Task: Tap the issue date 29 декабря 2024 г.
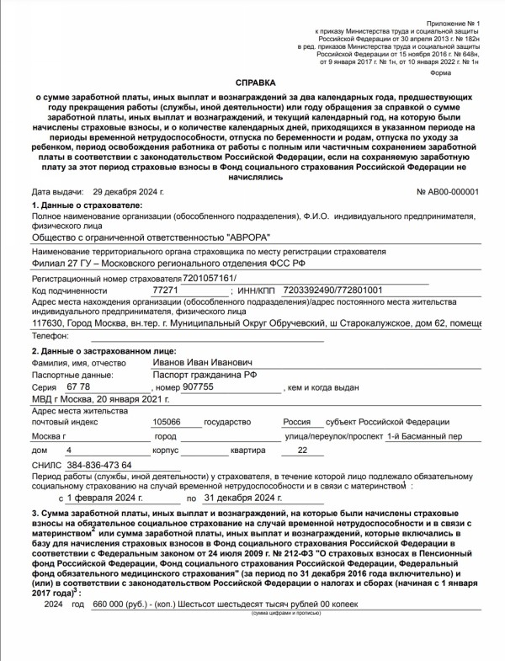coord(129,192)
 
